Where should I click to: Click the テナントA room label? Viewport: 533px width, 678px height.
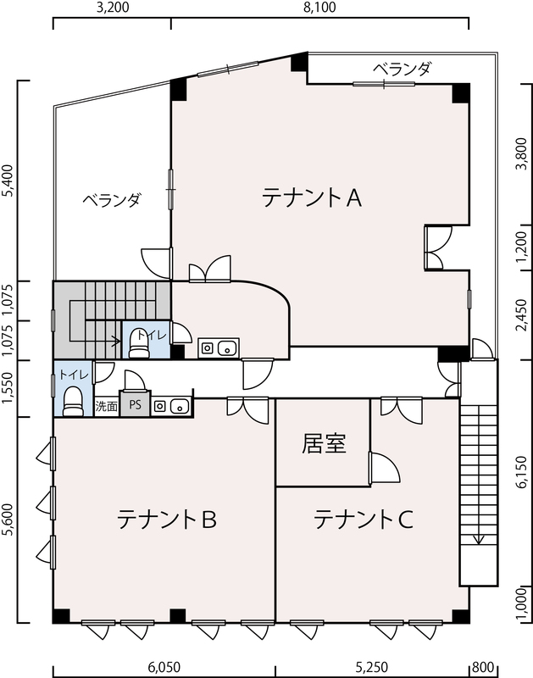point(312,198)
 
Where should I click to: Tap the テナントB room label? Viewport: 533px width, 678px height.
point(167,520)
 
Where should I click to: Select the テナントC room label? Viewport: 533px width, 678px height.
point(364,520)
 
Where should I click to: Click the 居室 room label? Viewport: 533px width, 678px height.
point(324,443)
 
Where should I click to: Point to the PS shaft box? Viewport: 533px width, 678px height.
point(135,405)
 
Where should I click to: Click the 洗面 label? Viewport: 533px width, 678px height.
point(106,407)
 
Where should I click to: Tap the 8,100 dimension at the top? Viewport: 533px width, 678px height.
point(319,8)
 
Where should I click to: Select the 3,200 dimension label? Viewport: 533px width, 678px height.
point(113,8)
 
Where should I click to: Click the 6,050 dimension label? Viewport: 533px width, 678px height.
point(164,667)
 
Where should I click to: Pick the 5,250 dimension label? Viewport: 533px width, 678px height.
point(371,667)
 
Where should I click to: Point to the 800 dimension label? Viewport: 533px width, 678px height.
point(483,667)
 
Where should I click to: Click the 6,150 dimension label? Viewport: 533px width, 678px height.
point(522,471)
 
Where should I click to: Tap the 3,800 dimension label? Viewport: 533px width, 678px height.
point(522,153)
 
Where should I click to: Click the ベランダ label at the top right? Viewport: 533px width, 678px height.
point(402,69)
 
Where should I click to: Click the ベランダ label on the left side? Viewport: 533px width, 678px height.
point(112,200)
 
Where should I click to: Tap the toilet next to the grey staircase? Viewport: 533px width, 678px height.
point(139,343)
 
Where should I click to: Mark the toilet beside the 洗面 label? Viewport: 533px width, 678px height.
point(73,402)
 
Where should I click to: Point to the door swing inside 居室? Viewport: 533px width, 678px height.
point(386,467)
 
